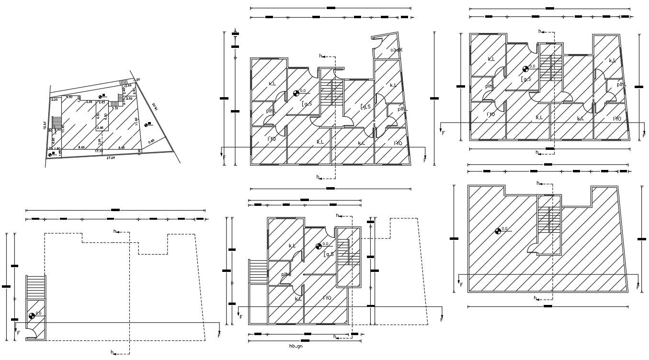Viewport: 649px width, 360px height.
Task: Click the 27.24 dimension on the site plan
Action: coord(111,157)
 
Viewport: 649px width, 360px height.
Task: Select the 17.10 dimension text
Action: coord(99,151)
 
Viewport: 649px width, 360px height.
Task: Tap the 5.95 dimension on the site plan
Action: coord(151,141)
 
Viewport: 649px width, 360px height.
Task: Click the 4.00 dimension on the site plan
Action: coord(69,97)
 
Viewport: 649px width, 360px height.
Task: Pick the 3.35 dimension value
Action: coord(89,102)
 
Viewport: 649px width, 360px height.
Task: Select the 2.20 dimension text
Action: coord(54,100)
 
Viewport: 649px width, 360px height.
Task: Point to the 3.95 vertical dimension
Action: coord(99,141)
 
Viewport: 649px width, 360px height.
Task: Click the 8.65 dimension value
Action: coord(82,147)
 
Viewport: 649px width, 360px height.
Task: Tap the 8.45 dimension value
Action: coord(121,147)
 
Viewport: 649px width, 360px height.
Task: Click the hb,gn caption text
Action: coord(296,346)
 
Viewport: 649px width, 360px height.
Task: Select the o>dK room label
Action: coord(396,50)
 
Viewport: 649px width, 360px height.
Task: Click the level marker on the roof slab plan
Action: coord(498,231)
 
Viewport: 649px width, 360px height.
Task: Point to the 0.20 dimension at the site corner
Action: coord(137,79)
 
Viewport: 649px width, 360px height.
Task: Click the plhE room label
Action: coord(286,274)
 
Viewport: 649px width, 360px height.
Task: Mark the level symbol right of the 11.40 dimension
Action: coord(147,124)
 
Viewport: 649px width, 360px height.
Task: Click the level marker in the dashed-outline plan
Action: coord(32,315)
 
